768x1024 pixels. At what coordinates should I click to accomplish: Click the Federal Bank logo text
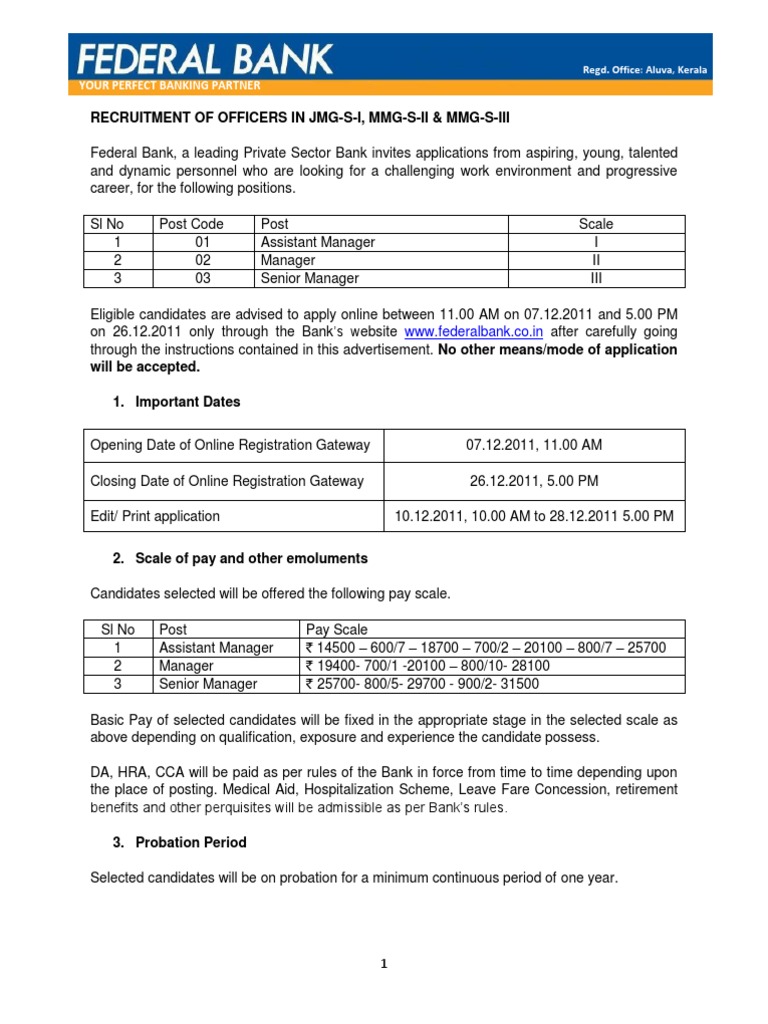click(x=206, y=57)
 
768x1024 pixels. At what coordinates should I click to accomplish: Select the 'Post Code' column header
click(x=191, y=224)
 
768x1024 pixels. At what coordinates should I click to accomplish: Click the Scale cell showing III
click(x=596, y=278)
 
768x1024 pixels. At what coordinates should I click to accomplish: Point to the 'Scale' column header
click(x=596, y=224)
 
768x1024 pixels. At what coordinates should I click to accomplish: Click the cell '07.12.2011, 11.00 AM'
click(x=534, y=445)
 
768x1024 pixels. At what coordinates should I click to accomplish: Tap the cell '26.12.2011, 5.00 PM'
click(x=534, y=481)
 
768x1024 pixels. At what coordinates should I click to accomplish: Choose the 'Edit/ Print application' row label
click(x=155, y=517)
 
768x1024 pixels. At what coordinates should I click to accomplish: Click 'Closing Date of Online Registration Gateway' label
click(x=227, y=481)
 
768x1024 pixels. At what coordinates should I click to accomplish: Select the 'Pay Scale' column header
click(x=337, y=630)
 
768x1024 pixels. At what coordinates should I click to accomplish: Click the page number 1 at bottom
click(x=384, y=964)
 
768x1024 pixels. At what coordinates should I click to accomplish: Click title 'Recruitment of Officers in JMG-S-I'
click(x=300, y=117)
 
